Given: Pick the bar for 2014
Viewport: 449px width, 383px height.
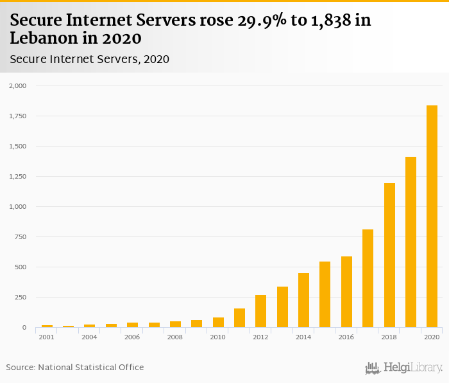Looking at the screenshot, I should tap(303, 300).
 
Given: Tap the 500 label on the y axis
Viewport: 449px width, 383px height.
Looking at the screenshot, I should tap(21, 267).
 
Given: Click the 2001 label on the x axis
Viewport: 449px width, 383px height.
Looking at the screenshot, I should tap(46, 337).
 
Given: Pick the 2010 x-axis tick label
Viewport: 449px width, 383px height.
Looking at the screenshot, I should tap(217, 337).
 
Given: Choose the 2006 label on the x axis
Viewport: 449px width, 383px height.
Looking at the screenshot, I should tap(132, 337).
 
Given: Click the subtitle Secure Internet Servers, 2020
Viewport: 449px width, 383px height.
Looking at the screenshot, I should tap(89, 59).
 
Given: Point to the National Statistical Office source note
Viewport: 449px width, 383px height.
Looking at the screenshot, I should tap(75, 367).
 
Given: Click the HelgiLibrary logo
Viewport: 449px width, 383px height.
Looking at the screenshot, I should tap(403, 368).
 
